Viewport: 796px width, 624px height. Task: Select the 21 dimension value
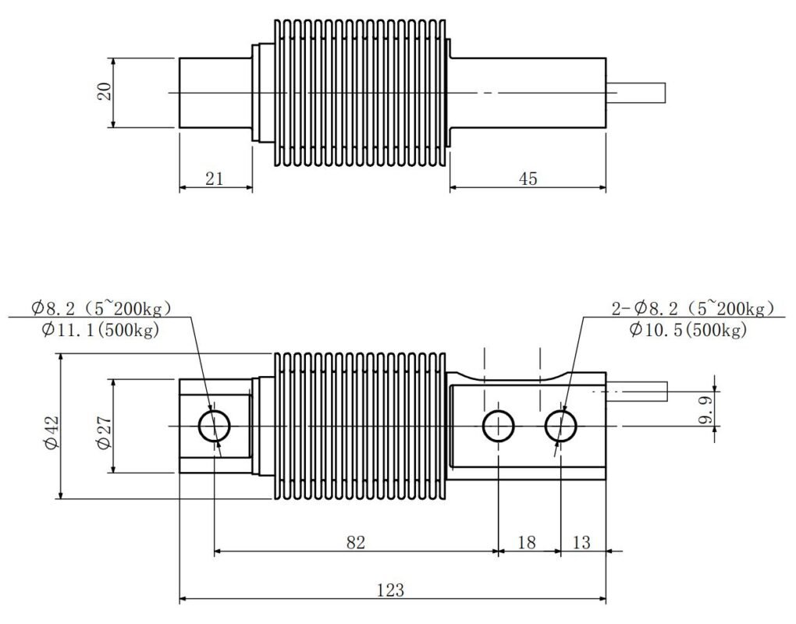[215, 179]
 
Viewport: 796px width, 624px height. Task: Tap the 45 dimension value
[528, 179]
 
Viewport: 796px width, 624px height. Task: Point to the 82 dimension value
[356, 542]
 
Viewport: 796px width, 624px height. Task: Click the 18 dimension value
[527, 542]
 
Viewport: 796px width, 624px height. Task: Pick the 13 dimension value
[581, 542]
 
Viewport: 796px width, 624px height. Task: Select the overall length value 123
[391, 590]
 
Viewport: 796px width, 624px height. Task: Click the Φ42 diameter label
[52, 433]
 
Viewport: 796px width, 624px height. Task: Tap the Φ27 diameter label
[104, 433]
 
